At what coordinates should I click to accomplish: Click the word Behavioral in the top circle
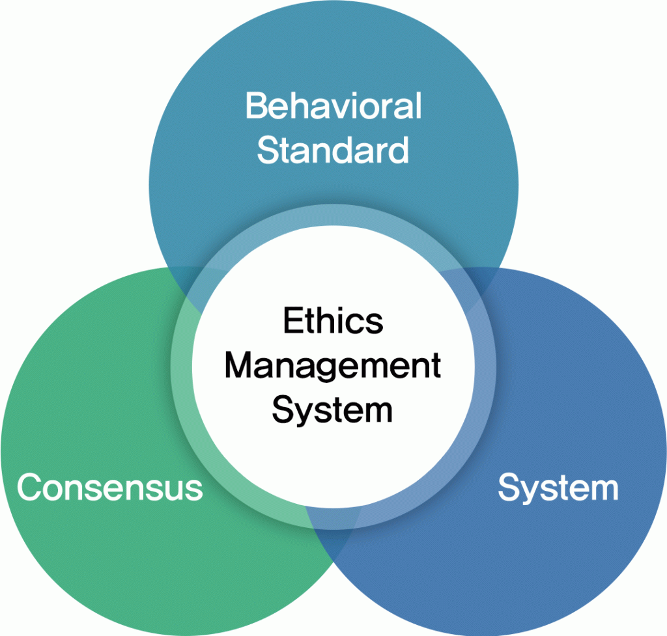point(333,106)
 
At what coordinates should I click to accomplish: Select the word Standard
point(333,150)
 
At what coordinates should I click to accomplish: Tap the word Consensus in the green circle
point(109,488)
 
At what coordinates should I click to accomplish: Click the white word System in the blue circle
point(558,488)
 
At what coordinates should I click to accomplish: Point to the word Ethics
point(333,321)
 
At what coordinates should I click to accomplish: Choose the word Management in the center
point(333,366)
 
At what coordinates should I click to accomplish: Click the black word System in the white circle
point(333,411)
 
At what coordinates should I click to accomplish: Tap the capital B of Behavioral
point(256,106)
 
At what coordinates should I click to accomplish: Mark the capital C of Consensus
point(29,488)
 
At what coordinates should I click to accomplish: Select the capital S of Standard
point(268,150)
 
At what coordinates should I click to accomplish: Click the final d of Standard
point(399,150)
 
